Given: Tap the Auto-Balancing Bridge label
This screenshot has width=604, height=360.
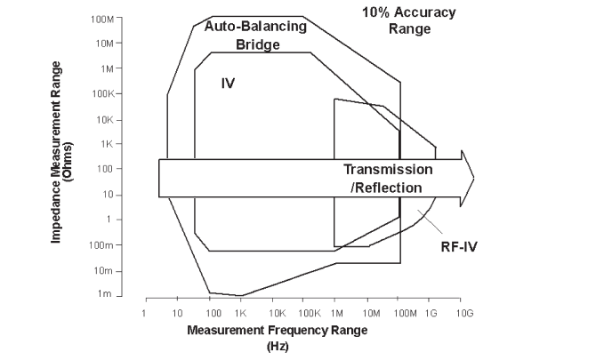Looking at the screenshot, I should point(256,35).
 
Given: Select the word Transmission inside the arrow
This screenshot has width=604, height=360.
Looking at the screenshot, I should point(388,170).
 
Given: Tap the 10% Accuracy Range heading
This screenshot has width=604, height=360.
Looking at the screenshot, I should point(408,20).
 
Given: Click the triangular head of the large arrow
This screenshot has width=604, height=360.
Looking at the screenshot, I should point(467,179).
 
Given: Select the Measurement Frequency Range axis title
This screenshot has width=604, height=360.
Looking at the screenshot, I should point(277,330).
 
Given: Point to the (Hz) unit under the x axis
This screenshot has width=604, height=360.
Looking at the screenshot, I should point(278,346).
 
